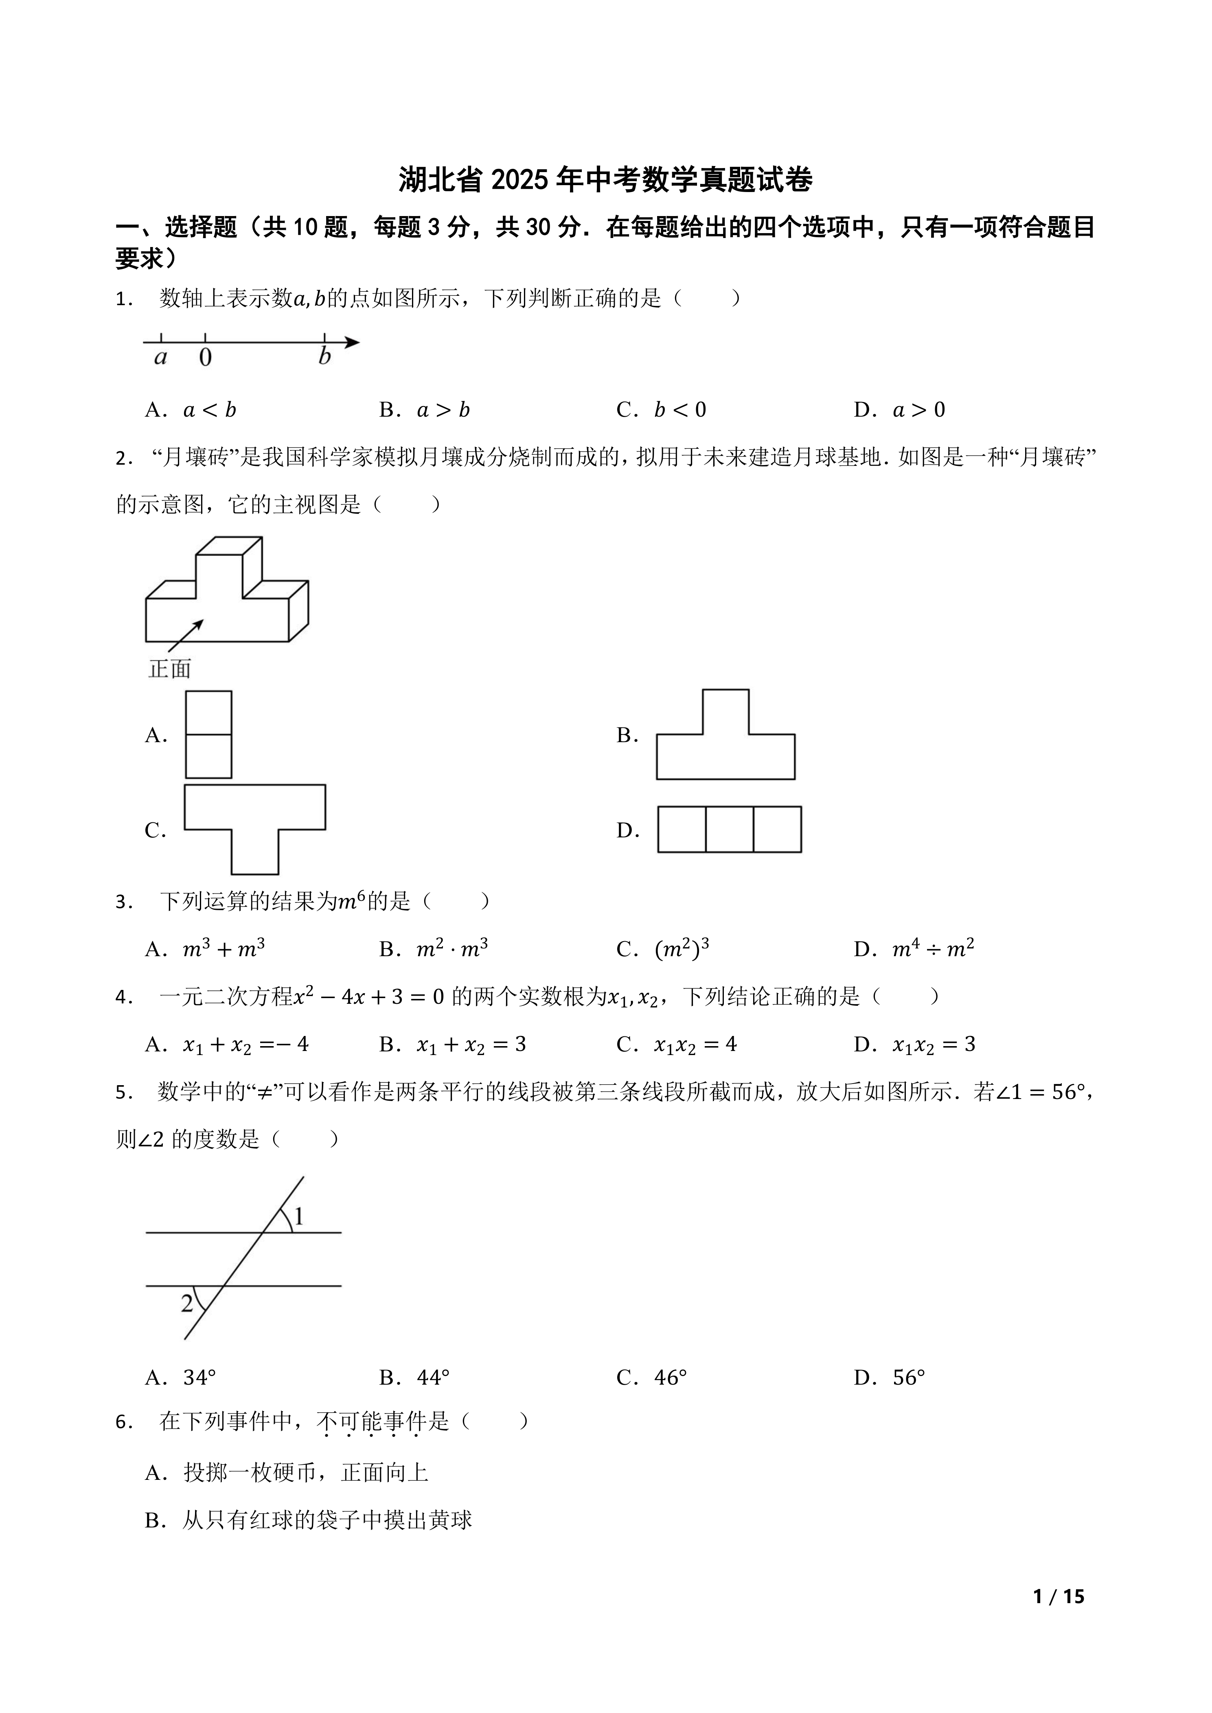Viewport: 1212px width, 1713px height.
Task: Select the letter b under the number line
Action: coord(324,356)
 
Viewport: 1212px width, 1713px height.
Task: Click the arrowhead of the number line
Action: coord(352,343)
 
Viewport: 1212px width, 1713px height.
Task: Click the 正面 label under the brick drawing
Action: coord(170,669)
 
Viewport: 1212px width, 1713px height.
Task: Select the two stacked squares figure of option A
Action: coord(208,735)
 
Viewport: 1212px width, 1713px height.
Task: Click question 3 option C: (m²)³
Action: coord(682,949)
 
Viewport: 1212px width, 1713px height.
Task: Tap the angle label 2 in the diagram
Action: coord(186,1303)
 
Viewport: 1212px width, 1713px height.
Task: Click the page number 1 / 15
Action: coord(1058,1597)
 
